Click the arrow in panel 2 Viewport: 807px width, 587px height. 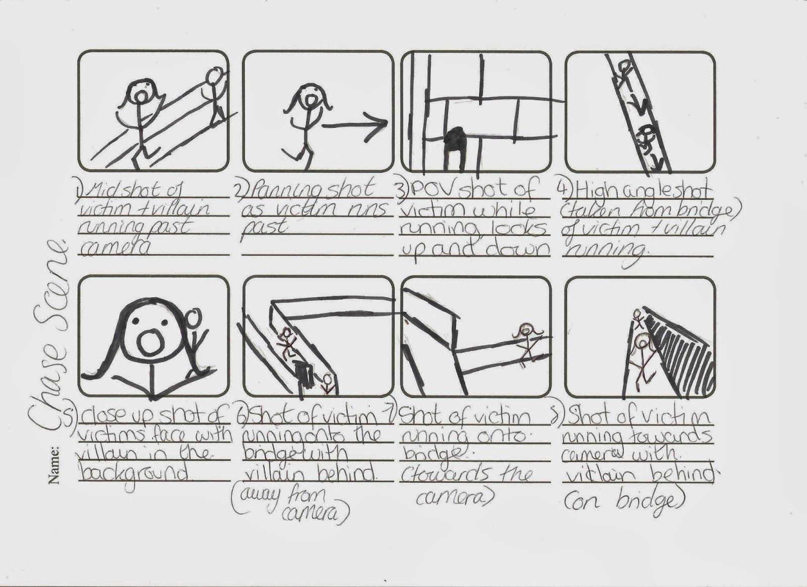point(356,126)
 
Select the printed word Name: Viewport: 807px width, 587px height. point(53,464)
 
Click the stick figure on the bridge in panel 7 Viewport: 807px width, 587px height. point(527,343)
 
